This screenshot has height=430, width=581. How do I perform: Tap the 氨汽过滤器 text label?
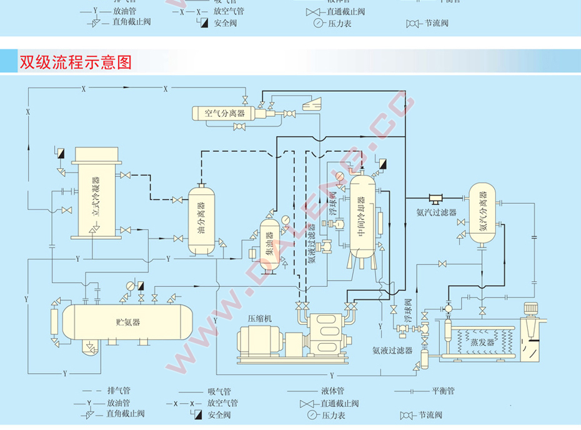pyautogui.click(x=435, y=212)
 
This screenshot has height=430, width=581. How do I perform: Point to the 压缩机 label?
pyautogui.click(x=260, y=319)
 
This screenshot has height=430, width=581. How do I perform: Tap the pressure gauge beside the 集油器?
pyautogui.click(x=286, y=219)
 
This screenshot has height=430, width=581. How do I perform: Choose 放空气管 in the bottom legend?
pyautogui.click(x=225, y=403)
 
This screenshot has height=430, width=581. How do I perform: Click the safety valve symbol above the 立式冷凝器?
pyautogui.click(x=61, y=152)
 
